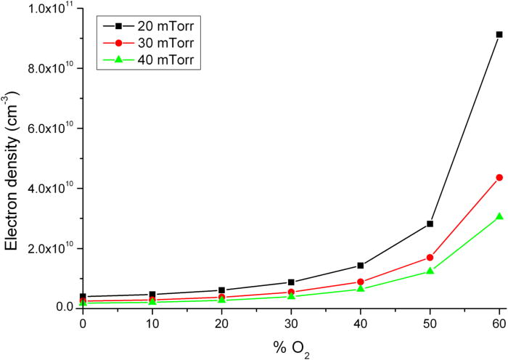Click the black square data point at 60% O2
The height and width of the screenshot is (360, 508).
499,34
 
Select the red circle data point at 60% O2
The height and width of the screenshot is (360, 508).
499,177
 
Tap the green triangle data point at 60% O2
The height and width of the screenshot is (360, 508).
499,216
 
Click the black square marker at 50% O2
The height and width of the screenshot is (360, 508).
430,224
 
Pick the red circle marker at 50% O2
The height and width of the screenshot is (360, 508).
430,258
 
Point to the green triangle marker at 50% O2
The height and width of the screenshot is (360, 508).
430,271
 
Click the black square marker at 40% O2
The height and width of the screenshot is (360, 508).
360,266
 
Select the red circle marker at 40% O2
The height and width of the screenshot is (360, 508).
360,282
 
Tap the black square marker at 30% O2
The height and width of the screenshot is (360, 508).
291,282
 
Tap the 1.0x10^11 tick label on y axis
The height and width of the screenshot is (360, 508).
50,8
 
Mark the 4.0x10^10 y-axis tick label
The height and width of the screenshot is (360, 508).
50,188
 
